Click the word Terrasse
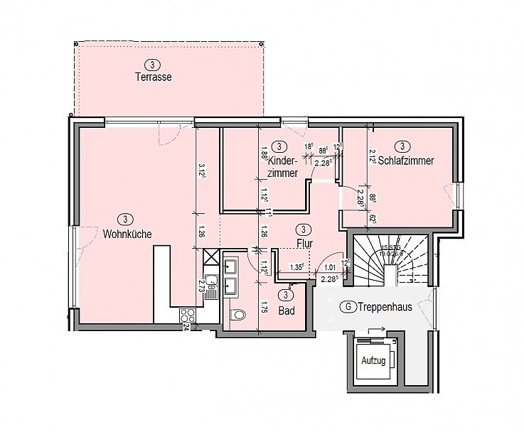pos(154,77)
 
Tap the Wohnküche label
pos(127,233)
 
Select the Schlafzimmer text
pos(406,161)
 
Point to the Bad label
pos(287,310)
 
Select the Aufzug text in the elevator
pos(373,361)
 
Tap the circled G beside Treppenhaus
pos(347,308)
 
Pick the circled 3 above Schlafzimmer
pos(402,146)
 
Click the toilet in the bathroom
pos(239,313)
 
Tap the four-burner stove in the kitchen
pos(187,314)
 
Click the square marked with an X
pos(210,257)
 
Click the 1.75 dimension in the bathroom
pos(264,309)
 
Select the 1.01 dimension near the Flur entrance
pos(328,268)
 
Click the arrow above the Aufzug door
pos(380,330)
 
